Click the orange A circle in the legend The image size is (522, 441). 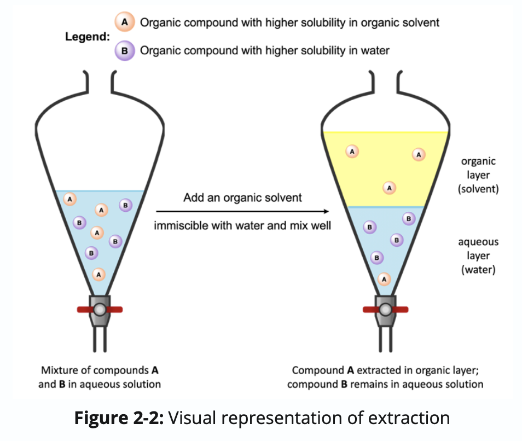coord(124,22)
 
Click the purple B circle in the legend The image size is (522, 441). coord(124,51)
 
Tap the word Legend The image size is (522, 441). coord(87,37)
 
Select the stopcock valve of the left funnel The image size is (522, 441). coord(100,309)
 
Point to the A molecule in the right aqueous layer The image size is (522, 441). coord(384,279)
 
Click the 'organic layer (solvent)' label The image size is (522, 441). coord(478,175)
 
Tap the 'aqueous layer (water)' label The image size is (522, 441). coord(478,256)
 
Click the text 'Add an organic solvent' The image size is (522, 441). coord(242,198)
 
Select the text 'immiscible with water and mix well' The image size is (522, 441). coord(242,225)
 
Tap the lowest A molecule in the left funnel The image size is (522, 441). coord(98,274)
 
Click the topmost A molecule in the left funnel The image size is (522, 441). coord(70,199)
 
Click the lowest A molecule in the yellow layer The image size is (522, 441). coord(389,188)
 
